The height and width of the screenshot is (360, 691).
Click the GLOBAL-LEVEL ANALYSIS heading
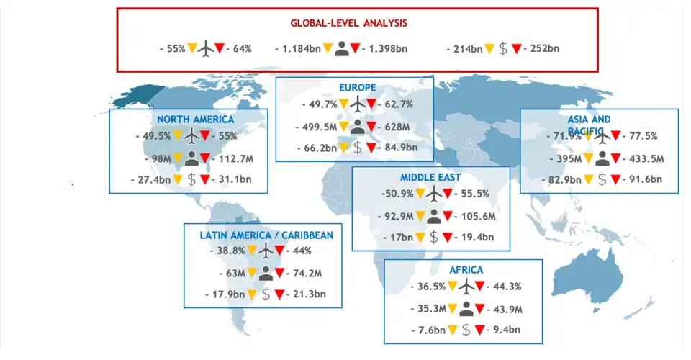pos(349,23)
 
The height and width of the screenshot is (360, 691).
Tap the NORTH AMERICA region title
pos(195,119)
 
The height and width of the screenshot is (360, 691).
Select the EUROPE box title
pos(358,88)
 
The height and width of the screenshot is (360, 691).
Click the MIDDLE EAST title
pos(430,177)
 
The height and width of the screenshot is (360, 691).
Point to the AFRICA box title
pos(466,270)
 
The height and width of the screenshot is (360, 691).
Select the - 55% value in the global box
pos(173,49)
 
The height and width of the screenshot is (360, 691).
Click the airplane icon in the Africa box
pos(466,287)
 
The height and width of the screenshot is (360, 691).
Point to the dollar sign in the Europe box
pos(358,148)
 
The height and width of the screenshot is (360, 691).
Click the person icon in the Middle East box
pos(434,215)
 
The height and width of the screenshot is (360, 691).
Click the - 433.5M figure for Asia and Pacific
pos(638,158)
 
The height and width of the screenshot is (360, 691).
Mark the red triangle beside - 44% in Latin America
pos(280,251)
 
